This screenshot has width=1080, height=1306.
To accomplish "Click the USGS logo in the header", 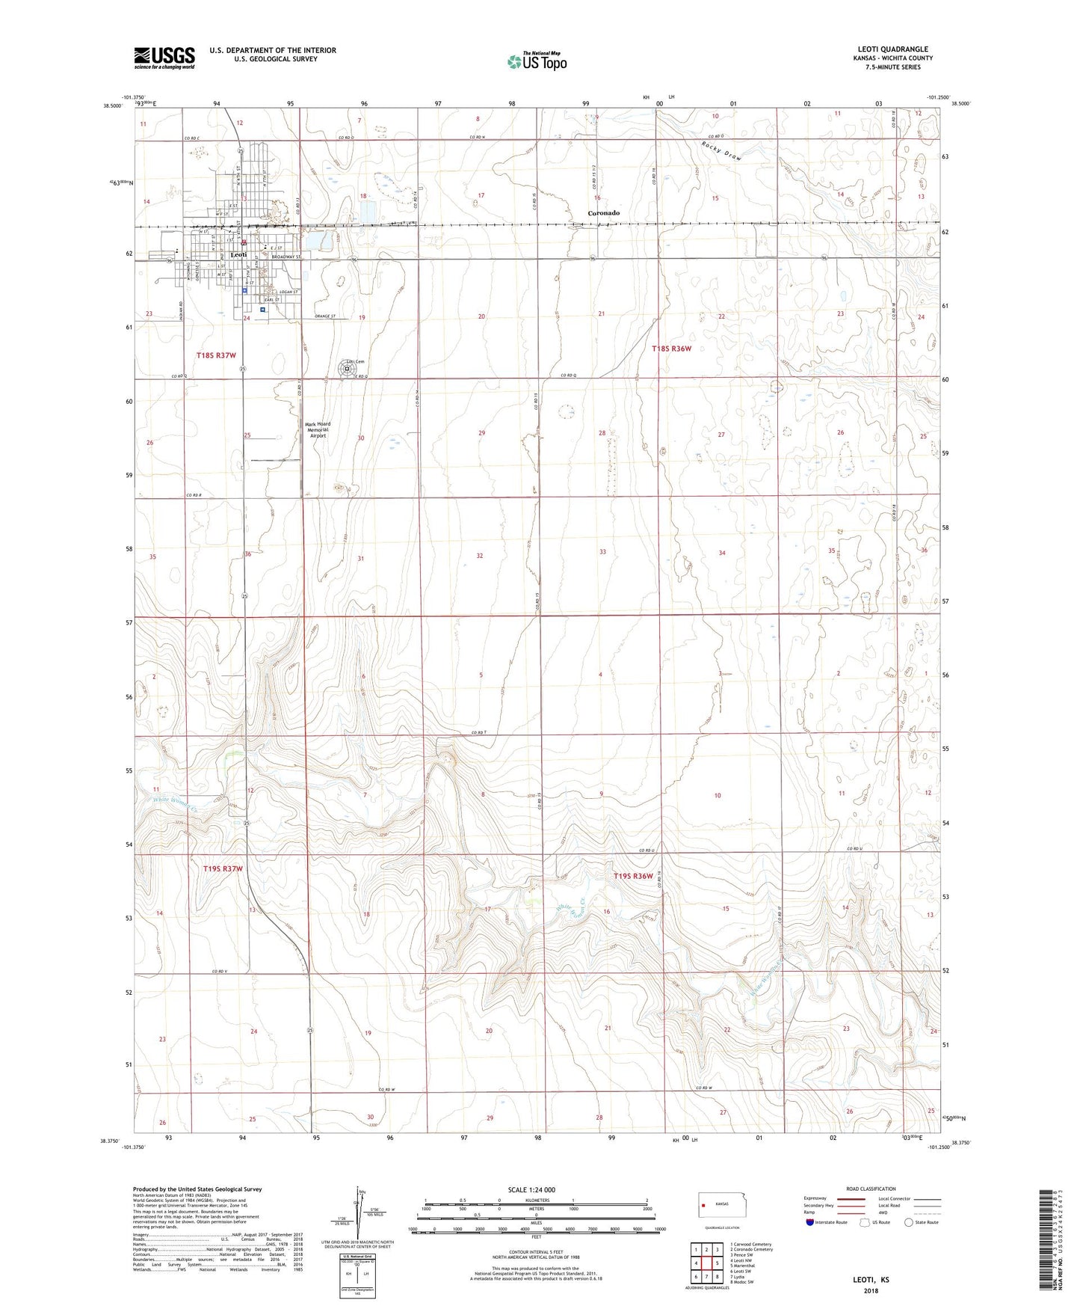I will click(x=164, y=58).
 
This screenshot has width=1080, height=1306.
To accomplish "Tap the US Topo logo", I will click(x=537, y=61).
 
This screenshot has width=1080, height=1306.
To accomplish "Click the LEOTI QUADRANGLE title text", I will click(x=892, y=49).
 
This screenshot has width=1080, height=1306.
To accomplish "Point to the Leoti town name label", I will click(x=238, y=255).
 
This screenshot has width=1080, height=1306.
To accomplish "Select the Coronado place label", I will click(x=603, y=213).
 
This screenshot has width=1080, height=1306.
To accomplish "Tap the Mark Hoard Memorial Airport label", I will click(x=318, y=429).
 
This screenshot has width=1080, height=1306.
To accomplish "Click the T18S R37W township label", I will click(x=216, y=355).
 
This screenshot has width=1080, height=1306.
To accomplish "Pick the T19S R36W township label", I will click(x=633, y=876).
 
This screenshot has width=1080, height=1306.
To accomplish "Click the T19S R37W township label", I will click(x=223, y=868).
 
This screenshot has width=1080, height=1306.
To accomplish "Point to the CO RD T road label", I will click(x=479, y=732).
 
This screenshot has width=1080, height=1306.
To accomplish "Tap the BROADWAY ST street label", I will click(x=286, y=257).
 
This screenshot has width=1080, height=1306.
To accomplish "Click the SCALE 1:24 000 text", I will click(x=531, y=1189).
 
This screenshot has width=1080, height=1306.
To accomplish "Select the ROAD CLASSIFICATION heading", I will click(x=871, y=1189).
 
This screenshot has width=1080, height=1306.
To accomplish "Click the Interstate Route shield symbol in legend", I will click(x=810, y=1222).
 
